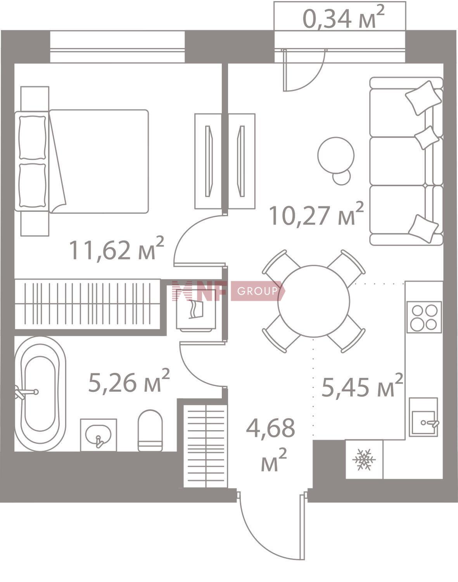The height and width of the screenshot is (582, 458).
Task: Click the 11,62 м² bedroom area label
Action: tap(117, 248)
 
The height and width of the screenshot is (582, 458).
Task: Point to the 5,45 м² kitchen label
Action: tap(362, 385)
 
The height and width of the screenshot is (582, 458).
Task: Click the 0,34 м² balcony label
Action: tap(343, 17)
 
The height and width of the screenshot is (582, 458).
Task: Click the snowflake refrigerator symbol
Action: tap(364, 459)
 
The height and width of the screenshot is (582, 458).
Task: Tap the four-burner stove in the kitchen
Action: tap(424, 317)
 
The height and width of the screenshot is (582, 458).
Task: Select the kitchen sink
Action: tap(423, 417)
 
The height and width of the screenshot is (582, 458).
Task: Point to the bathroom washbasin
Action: tap(99, 435)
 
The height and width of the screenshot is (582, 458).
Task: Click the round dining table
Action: tap(314, 301)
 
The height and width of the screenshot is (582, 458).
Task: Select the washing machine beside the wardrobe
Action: tap(196, 315)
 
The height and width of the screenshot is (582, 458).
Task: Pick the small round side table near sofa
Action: tap(342, 177)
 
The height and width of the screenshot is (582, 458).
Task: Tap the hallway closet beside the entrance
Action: tap(206, 446)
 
